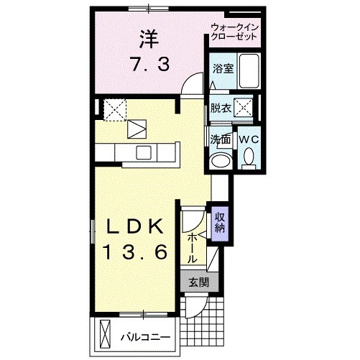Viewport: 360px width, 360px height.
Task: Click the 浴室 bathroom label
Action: (x=221, y=70)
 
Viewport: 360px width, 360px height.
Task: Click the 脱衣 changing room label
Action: (x=221, y=109)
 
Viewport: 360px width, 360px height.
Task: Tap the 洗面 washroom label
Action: (x=220, y=139)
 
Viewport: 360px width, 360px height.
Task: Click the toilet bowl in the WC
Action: (x=249, y=156)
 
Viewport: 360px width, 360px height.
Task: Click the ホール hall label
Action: (x=193, y=246)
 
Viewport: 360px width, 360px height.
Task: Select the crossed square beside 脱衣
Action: (x=244, y=109)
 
